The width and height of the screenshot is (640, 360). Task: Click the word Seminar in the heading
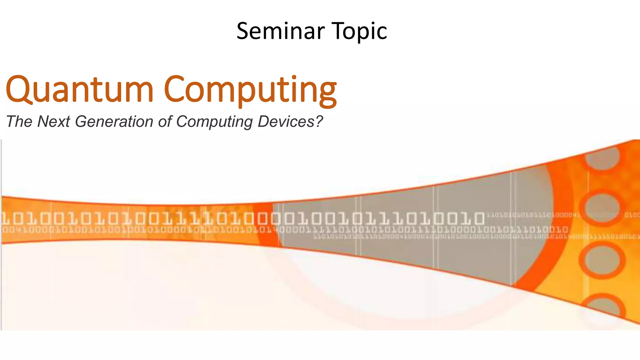click(281, 31)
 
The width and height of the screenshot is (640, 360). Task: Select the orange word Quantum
click(79, 89)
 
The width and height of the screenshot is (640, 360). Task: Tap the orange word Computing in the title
click(250, 91)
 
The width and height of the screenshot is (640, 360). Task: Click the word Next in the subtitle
click(53, 122)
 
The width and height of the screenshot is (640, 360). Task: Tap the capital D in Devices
click(263, 122)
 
